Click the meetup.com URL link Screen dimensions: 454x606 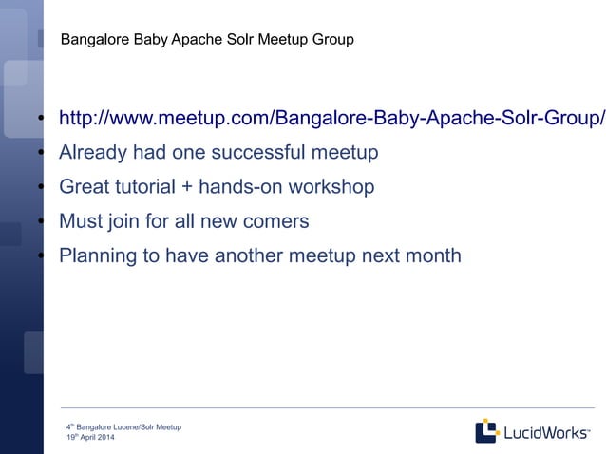tap(331, 119)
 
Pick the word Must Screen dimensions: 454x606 tap(81, 221)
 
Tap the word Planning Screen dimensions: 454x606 tap(97, 255)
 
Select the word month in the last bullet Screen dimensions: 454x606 tap(432, 255)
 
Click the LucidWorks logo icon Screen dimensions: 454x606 tap(486, 431)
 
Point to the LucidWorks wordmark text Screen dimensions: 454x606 tap(546, 432)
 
